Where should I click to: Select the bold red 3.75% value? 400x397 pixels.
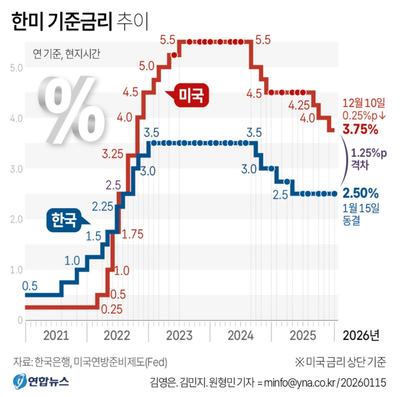tap(359, 130)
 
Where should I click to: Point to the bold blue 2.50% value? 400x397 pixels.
tap(359, 193)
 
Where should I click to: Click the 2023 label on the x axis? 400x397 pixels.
tap(179, 334)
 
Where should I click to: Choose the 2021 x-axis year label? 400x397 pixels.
tap(55, 334)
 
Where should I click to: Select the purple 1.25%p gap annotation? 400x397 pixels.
tap(369, 153)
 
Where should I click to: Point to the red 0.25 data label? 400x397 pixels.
tap(111, 309)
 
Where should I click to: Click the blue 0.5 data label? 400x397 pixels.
tap(29, 286)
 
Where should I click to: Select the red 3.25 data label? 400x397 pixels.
tap(113, 153)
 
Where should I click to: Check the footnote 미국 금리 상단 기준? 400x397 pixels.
tap(341, 361)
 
